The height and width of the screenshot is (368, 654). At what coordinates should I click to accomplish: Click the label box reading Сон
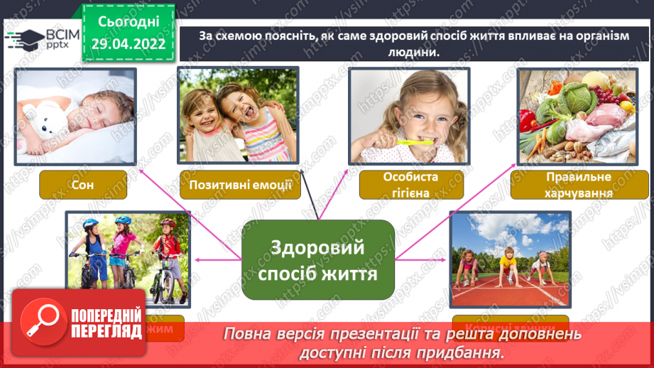point(83,185)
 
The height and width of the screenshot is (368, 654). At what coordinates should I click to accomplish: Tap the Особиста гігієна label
point(411,185)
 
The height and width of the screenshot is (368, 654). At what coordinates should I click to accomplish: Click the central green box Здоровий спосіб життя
point(317,259)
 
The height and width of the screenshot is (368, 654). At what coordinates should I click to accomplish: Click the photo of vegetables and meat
point(574,116)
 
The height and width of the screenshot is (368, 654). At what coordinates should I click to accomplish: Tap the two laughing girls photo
point(238,116)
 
